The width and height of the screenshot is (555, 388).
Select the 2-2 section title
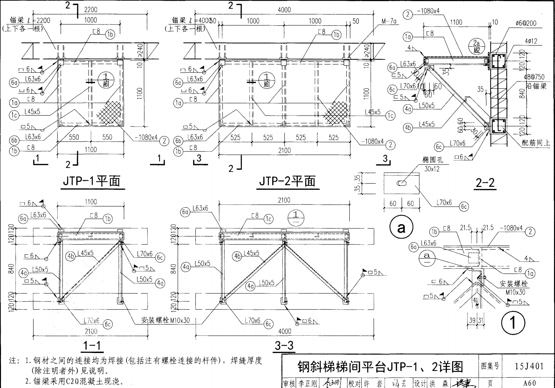pos(485,183)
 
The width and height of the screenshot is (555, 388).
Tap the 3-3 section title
pos(284,345)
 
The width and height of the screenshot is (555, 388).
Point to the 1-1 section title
pos(92,345)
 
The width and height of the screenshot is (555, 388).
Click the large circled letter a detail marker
pos(402,228)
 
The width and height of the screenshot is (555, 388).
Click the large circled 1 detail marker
pos(513,322)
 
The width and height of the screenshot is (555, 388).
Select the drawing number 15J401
pos(529,366)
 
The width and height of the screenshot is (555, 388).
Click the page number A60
pos(529,383)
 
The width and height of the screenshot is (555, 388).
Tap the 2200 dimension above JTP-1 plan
pos(91,10)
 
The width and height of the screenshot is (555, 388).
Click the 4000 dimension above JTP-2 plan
pos(284,10)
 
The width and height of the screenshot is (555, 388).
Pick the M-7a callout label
pos(389,21)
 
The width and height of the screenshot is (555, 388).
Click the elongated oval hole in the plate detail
pos(402,183)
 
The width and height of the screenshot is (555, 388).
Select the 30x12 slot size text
pos(432,169)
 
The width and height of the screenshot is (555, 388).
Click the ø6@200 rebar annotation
pos(526,23)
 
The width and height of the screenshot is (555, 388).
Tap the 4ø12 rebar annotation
pos(531,41)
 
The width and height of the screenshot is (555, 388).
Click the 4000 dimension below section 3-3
pos(284,331)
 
